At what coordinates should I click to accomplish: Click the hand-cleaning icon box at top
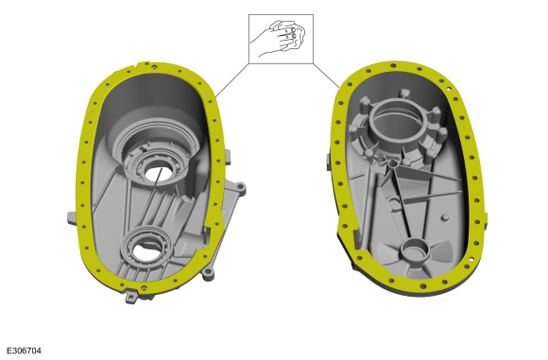281,39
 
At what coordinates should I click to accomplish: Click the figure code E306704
24,351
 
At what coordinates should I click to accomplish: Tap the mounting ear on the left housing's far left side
72,218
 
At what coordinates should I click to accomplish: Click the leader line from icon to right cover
326,77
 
